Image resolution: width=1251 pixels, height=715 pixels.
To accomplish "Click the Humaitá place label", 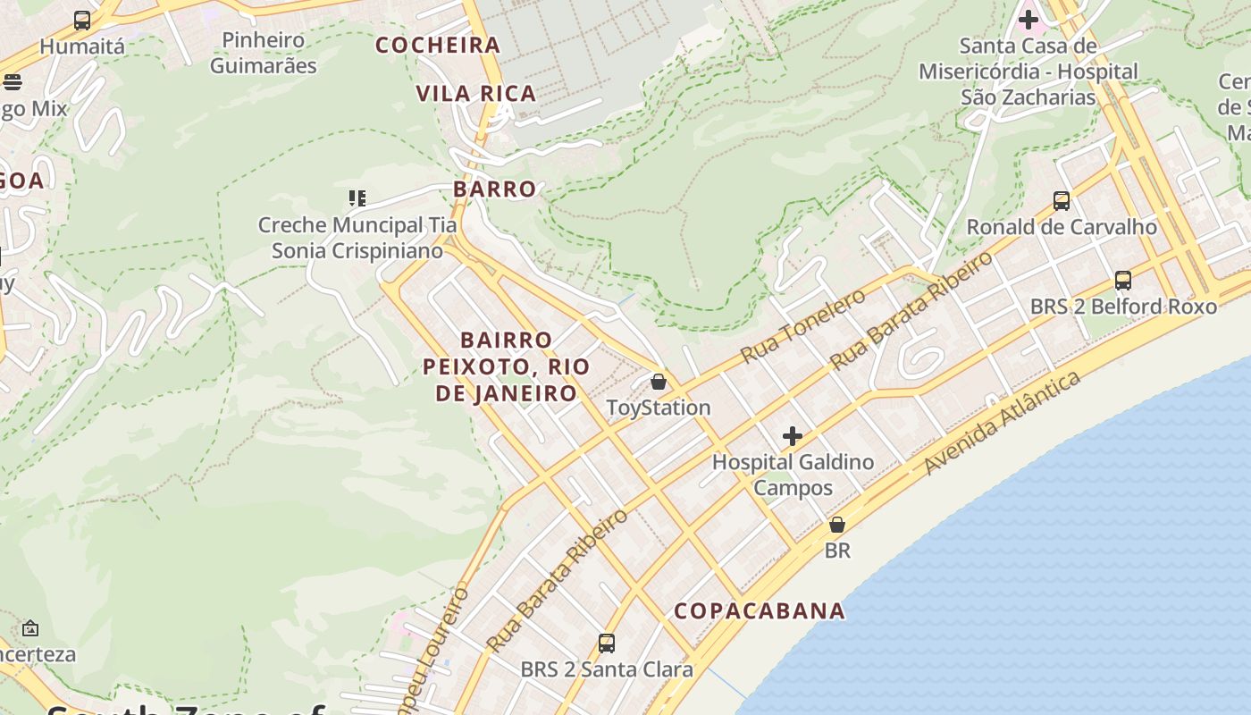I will pyautogui.click(x=82, y=46).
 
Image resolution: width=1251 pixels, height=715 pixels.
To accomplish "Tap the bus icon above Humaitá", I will pyautogui.click(x=82, y=20).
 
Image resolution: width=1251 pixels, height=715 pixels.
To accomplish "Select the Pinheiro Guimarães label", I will pyautogui.click(x=264, y=53).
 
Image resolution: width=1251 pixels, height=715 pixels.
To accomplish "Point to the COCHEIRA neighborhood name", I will pyautogui.click(x=438, y=46).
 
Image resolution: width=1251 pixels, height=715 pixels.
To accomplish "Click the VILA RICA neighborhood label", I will pyautogui.click(x=475, y=94).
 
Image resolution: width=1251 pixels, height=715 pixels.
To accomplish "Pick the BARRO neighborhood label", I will pyautogui.click(x=494, y=189).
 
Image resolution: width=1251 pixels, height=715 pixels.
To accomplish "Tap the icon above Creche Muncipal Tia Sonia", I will pyautogui.click(x=357, y=198).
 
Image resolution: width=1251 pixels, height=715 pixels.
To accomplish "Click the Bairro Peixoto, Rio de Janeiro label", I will pyautogui.click(x=506, y=366).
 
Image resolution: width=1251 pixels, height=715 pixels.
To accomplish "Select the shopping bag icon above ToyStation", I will pyautogui.click(x=659, y=382).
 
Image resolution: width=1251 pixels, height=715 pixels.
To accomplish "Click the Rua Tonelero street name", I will pyautogui.click(x=803, y=326).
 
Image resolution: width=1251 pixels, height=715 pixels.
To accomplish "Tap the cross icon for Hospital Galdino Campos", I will pyautogui.click(x=793, y=436).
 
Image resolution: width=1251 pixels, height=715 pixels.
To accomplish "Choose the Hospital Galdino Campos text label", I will pyautogui.click(x=793, y=475).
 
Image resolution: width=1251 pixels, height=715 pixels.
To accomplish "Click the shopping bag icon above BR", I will pyautogui.click(x=837, y=525).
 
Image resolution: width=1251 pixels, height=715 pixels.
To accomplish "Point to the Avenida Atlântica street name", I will pyautogui.click(x=1002, y=424).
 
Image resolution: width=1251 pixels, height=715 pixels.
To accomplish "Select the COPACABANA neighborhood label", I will pyautogui.click(x=760, y=611).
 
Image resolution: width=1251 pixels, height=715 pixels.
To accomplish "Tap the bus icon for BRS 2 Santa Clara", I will pyautogui.click(x=607, y=643).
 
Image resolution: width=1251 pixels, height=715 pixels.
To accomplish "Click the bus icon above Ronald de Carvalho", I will pyautogui.click(x=1062, y=201).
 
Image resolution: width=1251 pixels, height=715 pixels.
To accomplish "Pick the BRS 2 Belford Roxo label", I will pyautogui.click(x=1123, y=307).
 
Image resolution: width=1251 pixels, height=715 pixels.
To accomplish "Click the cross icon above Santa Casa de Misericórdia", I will pyautogui.click(x=1029, y=19).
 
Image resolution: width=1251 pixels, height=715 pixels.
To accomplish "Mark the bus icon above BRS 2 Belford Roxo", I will pyautogui.click(x=1123, y=281).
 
